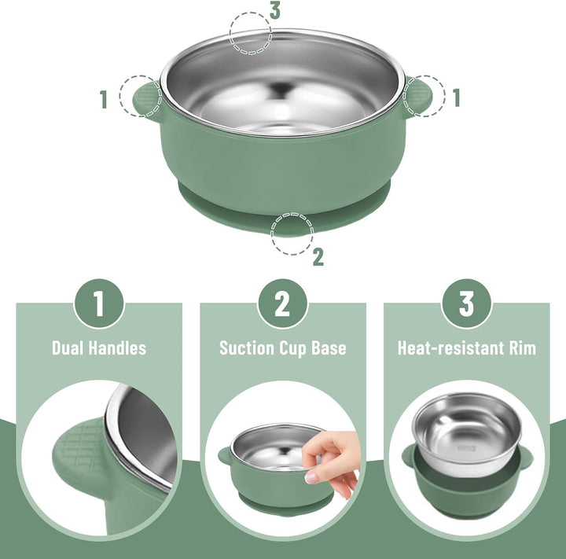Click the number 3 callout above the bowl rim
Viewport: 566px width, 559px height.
coord(275,11)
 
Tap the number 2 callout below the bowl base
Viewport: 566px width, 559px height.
coord(318,257)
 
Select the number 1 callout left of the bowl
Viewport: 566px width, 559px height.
coord(104,99)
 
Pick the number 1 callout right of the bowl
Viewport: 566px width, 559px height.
coord(457,97)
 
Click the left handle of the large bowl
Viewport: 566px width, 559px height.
coord(147,100)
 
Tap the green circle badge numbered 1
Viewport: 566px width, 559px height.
coord(99,303)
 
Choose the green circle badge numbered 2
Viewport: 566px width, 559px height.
coord(283,303)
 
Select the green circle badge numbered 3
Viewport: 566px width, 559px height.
coord(466,303)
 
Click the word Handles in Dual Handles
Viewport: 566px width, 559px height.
coord(117,348)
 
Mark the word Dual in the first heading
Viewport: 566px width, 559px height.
coord(68,348)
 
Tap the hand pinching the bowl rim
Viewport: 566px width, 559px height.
coord(331,463)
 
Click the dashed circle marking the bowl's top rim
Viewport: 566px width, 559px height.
coord(251,33)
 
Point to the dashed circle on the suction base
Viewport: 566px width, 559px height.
coord(292,234)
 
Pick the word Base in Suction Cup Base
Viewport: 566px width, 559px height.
coord(329,348)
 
